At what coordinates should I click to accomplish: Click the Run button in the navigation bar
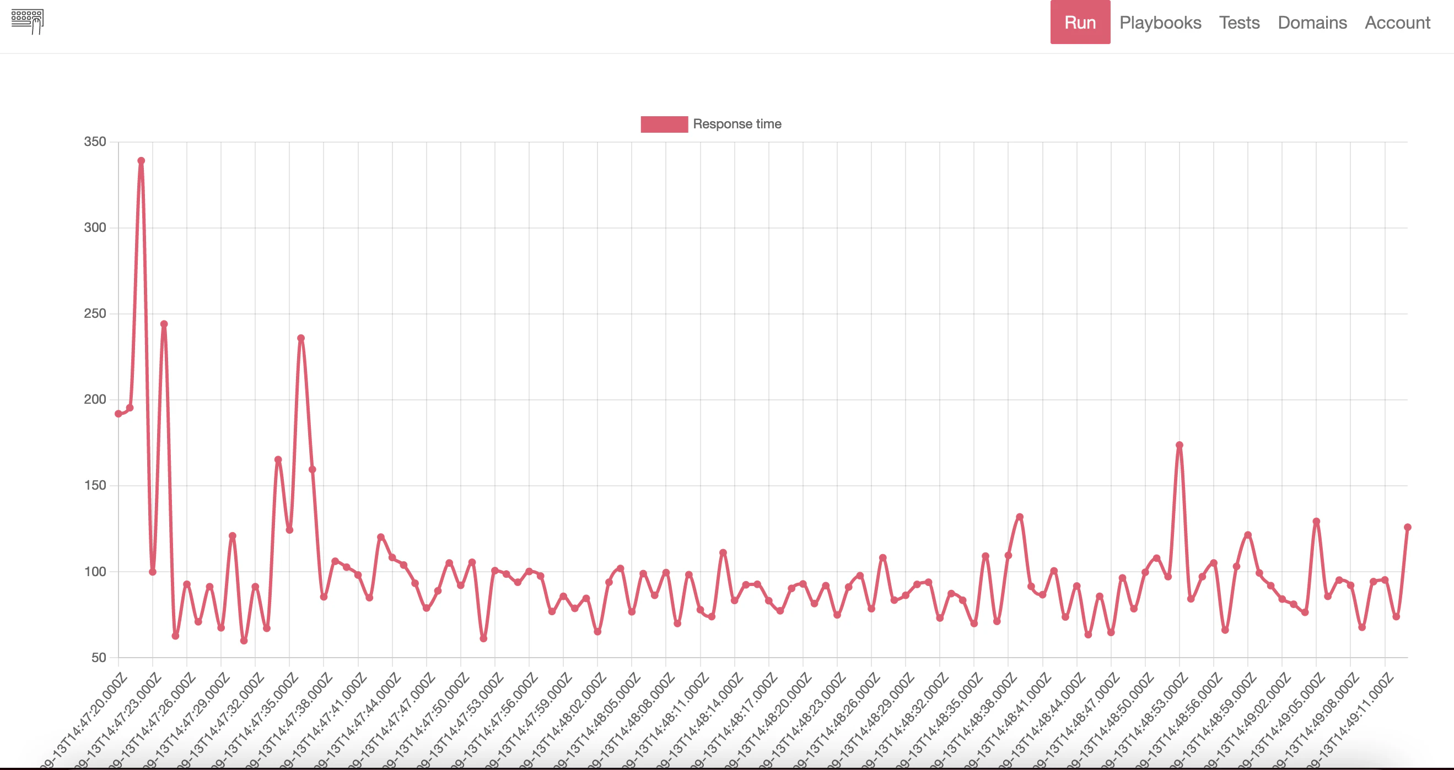[1080, 23]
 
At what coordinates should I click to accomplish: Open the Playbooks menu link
[1160, 23]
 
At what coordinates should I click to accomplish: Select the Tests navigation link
[1239, 23]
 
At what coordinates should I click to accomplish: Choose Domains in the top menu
[1312, 23]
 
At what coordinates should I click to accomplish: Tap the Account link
[1397, 23]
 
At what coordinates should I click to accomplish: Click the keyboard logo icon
[28, 21]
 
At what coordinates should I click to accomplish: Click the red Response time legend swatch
[664, 124]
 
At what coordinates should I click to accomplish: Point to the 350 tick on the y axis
[95, 142]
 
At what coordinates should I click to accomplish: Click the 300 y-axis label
[95, 227]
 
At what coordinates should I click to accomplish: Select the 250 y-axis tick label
[95, 313]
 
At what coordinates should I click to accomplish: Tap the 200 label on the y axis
[95, 399]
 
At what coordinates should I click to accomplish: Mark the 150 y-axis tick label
[95, 485]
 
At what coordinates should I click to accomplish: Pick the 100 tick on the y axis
[95, 571]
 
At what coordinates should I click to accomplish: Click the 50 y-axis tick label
[98, 658]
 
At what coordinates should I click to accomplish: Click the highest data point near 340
[141, 161]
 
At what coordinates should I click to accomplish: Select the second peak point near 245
[164, 324]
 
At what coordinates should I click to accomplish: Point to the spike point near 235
[301, 339]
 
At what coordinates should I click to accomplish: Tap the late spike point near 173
[1179, 445]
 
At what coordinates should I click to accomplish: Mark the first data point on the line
[118, 414]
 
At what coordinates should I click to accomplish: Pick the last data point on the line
[1407, 528]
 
